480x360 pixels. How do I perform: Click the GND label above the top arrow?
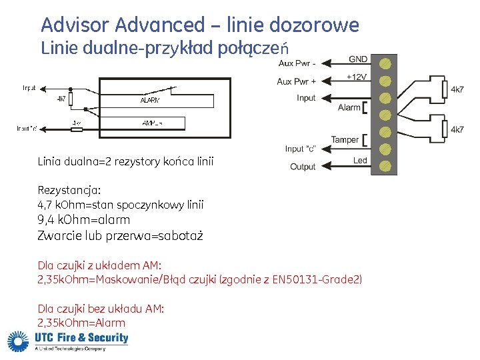[x=357, y=59]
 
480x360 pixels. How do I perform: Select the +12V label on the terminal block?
[x=357, y=77]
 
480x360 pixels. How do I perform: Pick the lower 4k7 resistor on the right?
[x=444, y=129]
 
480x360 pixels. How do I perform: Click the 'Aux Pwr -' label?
[x=297, y=64]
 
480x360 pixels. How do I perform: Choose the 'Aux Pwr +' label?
[x=297, y=81]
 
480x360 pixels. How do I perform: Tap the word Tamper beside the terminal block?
[x=345, y=139]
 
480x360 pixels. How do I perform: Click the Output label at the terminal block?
[x=303, y=167]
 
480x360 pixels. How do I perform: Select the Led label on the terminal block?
[x=360, y=161]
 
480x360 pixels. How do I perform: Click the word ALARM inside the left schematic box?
[x=150, y=100]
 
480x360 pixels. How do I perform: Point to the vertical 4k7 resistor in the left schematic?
[x=71, y=100]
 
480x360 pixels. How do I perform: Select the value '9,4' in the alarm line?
[x=47, y=220]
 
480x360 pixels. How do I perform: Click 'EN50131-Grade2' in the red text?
[x=317, y=279]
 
